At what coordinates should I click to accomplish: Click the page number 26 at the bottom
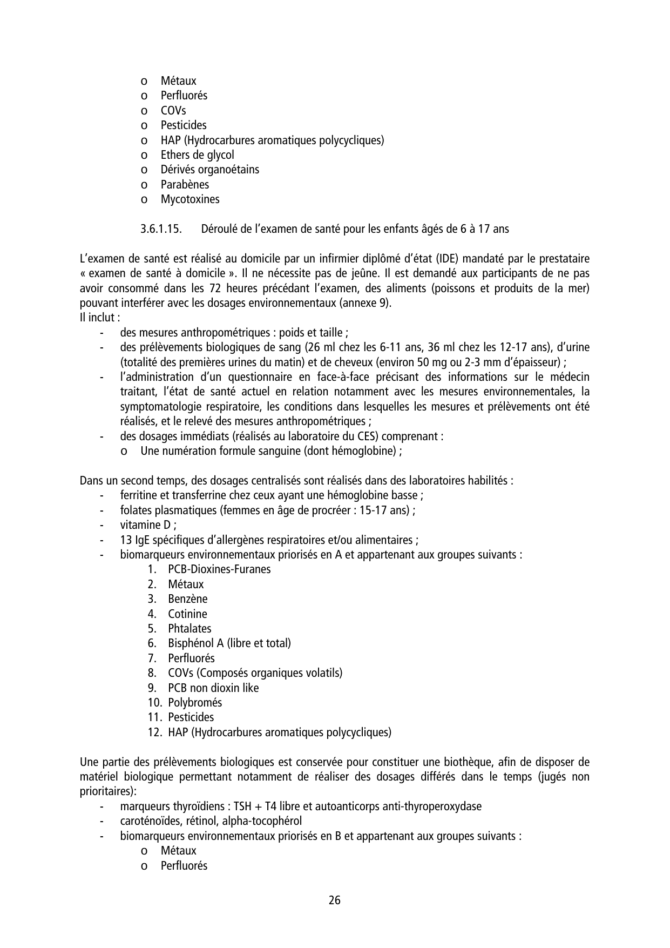pos(334,900)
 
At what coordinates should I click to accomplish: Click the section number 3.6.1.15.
pos(160,229)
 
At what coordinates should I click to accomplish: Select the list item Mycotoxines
pos(190,199)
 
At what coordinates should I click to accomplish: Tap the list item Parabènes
pos(185,185)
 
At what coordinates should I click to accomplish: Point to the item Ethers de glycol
pos(197,155)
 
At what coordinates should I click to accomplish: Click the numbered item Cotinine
pos(187,614)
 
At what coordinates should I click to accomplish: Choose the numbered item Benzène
pos(187,599)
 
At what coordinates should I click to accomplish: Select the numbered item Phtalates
pos(190,629)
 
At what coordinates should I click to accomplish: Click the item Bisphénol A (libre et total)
pos(229,643)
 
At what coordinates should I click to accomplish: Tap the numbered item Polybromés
pos(195,703)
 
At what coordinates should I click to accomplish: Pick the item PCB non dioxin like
pos(213,688)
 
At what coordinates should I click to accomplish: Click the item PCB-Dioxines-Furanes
pos(219,569)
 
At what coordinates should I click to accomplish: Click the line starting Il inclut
pos(99,318)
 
